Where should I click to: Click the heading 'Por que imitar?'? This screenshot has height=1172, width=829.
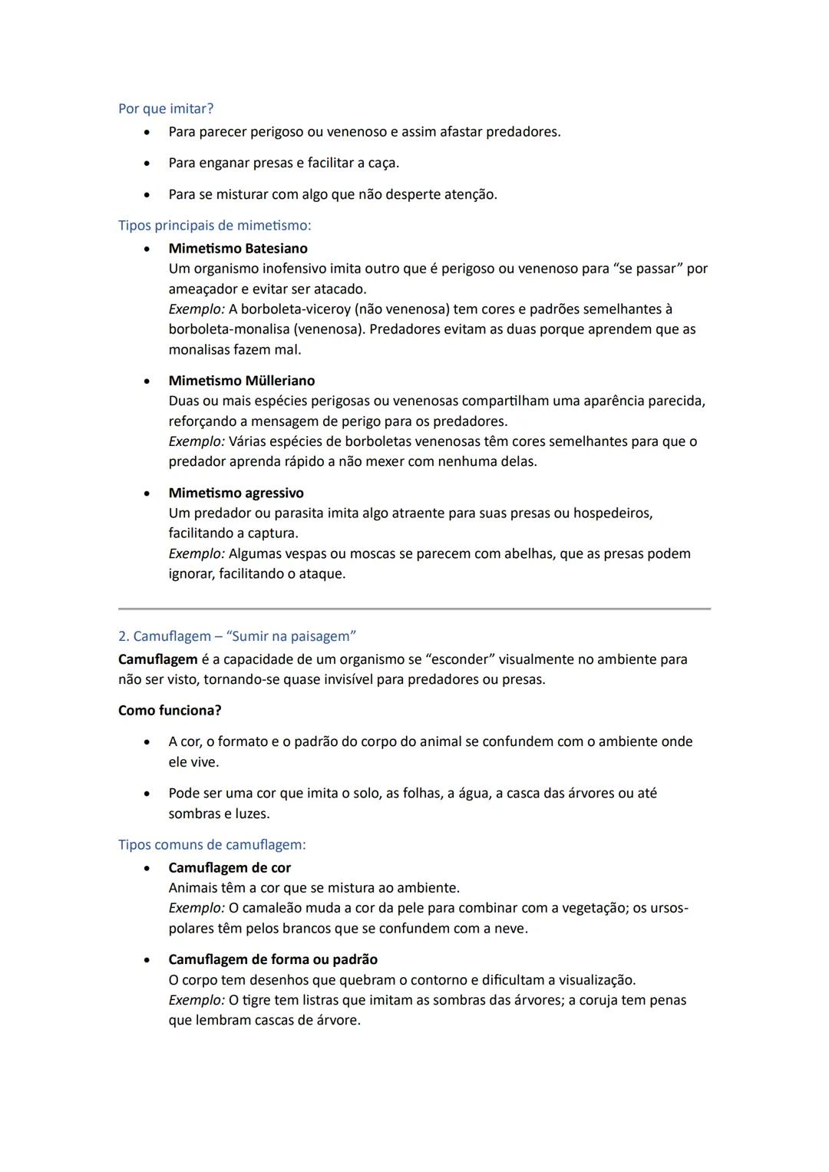click(x=166, y=109)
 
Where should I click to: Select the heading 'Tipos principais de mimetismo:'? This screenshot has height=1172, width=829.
click(x=214, y=226)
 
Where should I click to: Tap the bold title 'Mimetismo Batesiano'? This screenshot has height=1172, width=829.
click(x=238, y=249)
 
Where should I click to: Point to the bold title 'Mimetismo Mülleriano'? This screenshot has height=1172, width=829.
click(x=241, y=381)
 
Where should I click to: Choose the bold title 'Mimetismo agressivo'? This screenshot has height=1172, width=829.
click(x=236, y=493)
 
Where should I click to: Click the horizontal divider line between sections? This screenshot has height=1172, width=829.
click(x=414, y=609)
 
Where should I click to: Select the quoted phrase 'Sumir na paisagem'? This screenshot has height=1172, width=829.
click(x=291, y=636)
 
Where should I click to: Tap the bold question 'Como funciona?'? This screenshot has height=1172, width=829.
click(x=170, y=711)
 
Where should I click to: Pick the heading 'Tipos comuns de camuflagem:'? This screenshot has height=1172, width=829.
click(x=212, y=845)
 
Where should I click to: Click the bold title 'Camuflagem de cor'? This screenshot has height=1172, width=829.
click(x=230, y=868)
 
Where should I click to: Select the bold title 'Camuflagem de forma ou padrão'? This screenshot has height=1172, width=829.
click(x=272, y=959)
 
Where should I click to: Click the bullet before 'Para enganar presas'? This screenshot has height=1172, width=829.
click(x=146, y=163)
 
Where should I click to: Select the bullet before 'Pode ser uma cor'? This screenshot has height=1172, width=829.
click(x=146, y=794)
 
